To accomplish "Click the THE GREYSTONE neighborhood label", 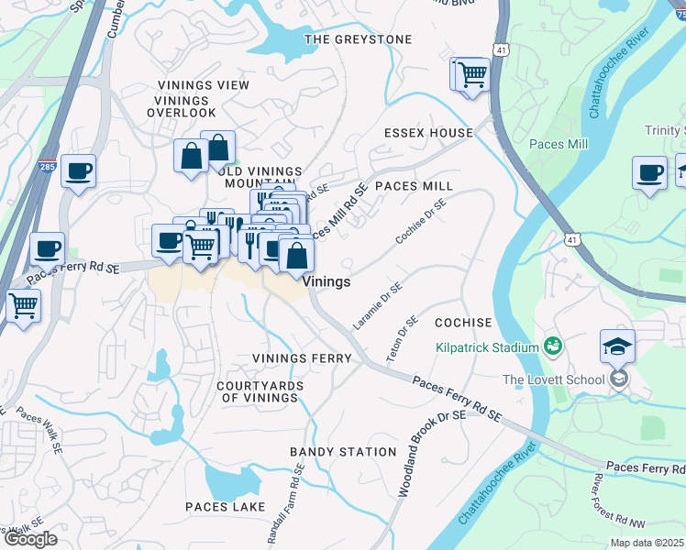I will (x=358, y=39).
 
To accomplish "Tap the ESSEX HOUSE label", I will (x=428, y=133).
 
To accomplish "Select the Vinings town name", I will (x=326, y=282).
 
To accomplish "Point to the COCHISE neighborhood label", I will (x=463, y=324).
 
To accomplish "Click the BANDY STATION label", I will (x=343, y=452).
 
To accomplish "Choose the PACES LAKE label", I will (x=225, y=507).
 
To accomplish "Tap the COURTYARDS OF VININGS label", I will (x=260, y=391).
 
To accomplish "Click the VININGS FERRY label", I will (x=302, y=357).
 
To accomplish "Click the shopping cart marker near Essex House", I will (x=472, y=74).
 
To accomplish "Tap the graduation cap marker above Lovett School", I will (x=617, y=347).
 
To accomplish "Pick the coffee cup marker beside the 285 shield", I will (x=78, y=170).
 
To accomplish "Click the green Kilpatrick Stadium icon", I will (x=552, y=346).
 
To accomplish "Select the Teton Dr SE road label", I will (x=402, y=338).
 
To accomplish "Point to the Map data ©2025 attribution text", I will (x=647, y=543).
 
